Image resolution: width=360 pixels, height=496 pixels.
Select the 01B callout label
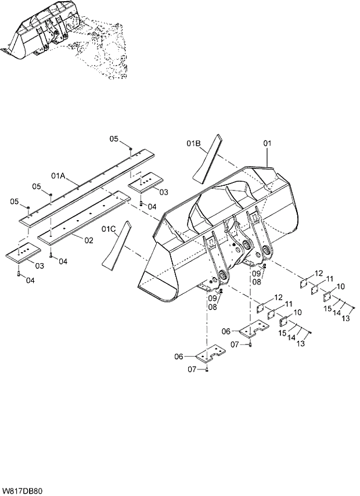click(x=193, y=142)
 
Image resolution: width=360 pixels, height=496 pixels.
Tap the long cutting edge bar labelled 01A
click(x=87, y=186)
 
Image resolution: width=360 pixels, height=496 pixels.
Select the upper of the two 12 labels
click(x=319, y=273)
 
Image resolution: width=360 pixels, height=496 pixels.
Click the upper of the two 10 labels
click(x=340, y=286)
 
